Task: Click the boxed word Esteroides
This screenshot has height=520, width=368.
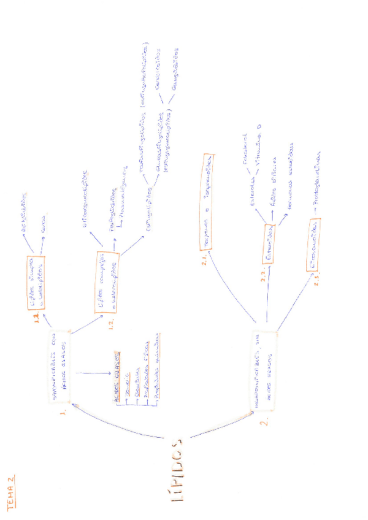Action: point(270,244)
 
